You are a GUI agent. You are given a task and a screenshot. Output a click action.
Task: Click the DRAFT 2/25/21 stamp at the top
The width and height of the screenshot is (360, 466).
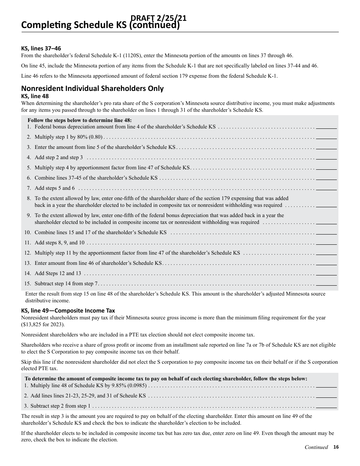158,18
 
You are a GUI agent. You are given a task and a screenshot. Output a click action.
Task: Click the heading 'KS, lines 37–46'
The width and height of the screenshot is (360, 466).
41,48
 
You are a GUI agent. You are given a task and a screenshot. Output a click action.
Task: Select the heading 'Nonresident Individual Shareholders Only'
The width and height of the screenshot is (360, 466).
92,89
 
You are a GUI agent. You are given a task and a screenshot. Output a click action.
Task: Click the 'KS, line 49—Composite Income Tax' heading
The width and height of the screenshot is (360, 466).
68,311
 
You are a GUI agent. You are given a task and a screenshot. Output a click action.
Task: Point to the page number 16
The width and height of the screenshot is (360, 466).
336,447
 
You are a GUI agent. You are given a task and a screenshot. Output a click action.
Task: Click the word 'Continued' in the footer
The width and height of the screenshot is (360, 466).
316,447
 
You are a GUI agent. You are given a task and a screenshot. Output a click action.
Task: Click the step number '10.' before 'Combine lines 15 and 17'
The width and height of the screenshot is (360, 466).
28,233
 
